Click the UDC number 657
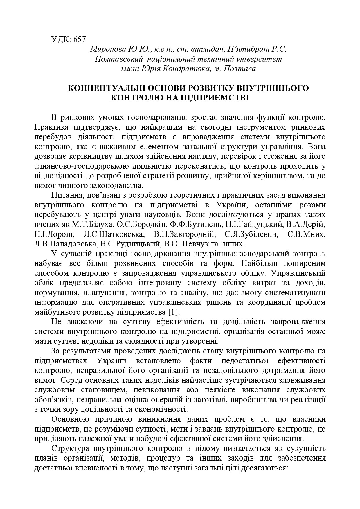pos(78,39)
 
